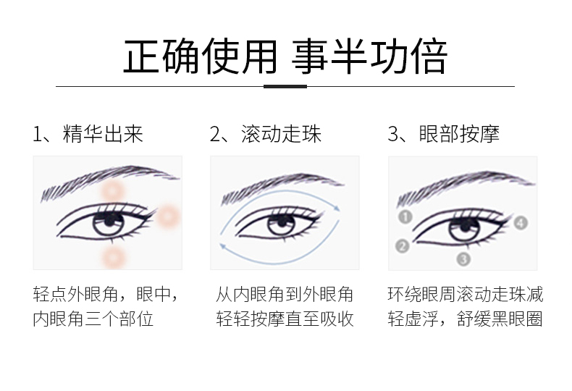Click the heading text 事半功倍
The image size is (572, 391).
(369, 56)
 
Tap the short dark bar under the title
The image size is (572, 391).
(285, 86)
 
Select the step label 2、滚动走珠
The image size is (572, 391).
(266, 134)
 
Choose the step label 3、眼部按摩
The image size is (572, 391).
(444, 134)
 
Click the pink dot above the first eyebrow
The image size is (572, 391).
(113, 191)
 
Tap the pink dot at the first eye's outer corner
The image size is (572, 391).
(168, 214)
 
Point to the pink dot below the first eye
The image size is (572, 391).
(112, 256)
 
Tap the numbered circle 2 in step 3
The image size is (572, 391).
(403, 246)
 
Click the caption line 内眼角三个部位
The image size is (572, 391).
(93, 319)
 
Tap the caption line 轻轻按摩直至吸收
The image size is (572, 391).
(285, 319)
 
